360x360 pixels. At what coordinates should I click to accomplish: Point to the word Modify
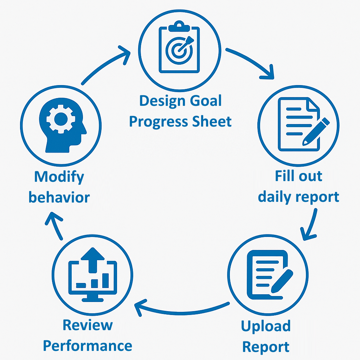click(59, 177)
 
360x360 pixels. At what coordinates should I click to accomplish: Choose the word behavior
click(59, 197)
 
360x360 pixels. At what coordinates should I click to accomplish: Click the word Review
click(88, 325)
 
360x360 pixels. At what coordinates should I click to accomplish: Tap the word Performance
click(88, 346)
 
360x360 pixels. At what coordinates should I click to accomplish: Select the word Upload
click(266, 326)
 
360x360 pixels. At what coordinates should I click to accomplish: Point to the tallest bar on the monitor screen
click(105, 280)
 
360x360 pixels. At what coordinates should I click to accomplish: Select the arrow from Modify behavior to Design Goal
click(105, 67)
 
